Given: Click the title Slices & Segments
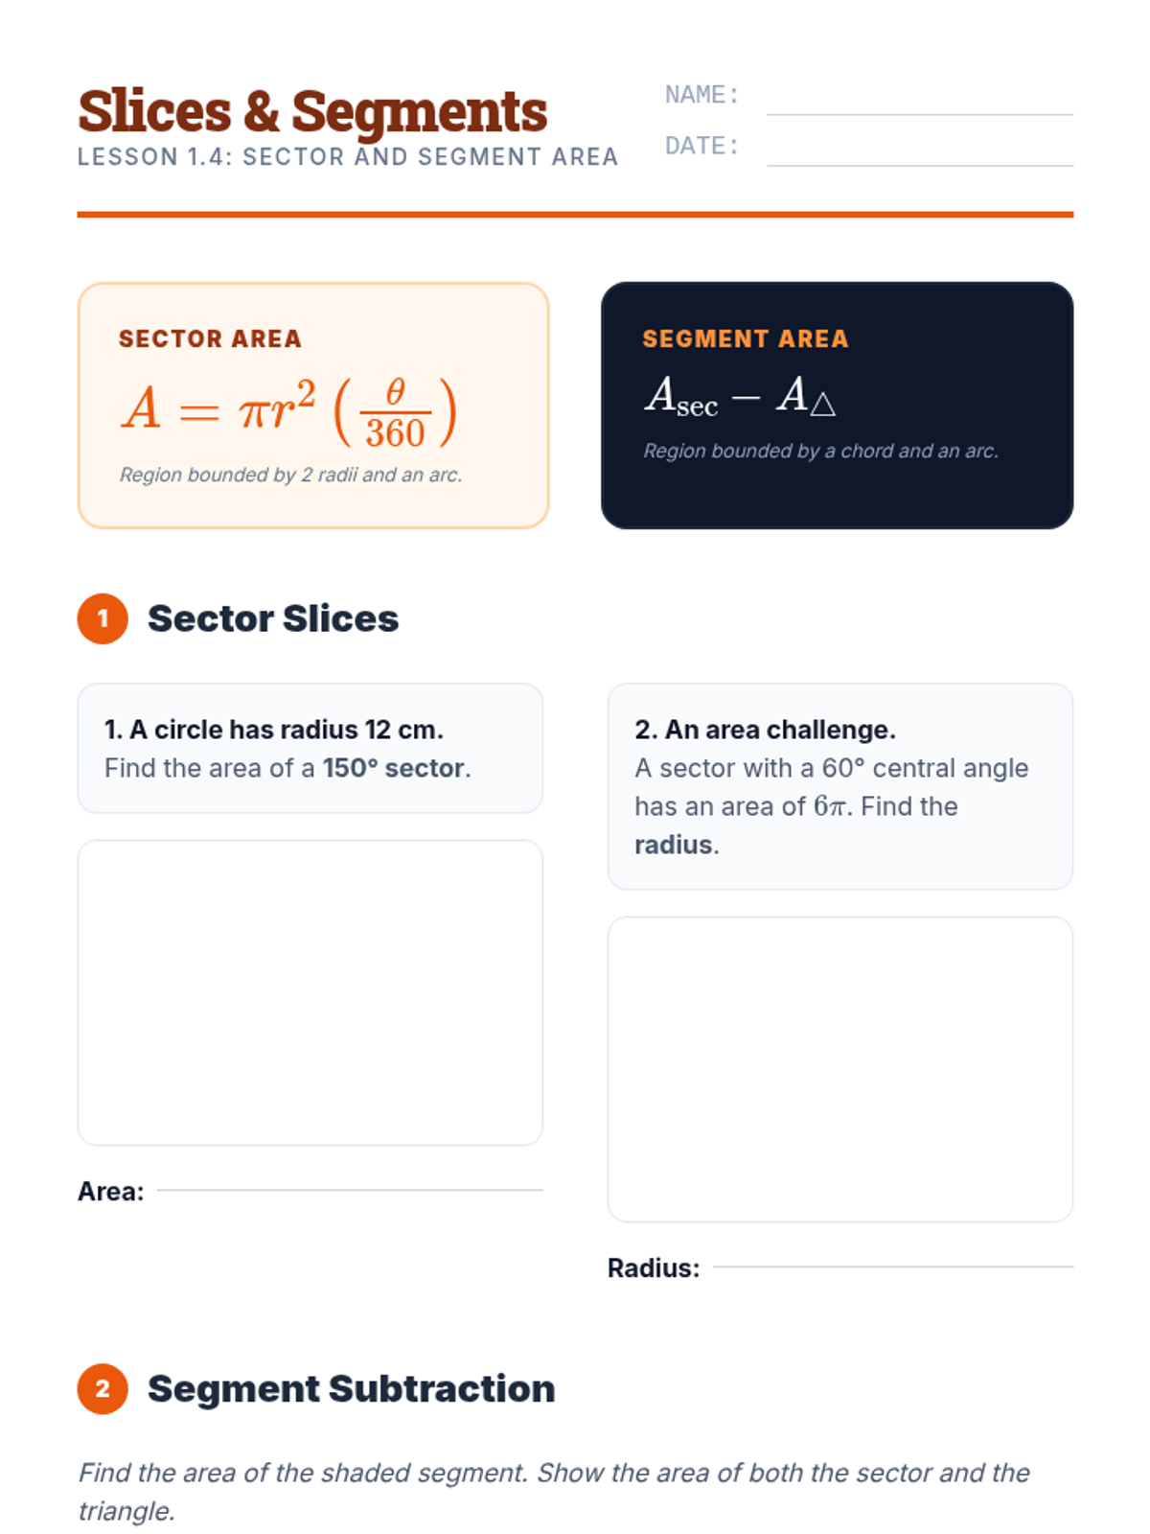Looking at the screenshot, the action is click(x=312, y=111).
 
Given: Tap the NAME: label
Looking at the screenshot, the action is click(x=701, y=95).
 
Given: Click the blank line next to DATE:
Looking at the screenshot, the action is click(x=920, y=166).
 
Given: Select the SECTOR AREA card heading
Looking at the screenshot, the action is click(x=210, y=339).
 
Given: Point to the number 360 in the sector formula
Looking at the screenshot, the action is click(x=395, y=433).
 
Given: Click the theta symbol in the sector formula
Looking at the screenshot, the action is click(x=395, y=391).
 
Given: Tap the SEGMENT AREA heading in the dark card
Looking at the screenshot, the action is click(x=745, y=339).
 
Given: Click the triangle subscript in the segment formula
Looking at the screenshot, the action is click(x=822, y=405).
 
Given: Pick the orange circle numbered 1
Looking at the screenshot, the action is click(x=103, y=618).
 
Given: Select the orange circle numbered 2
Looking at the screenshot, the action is click(x=103, y=1388).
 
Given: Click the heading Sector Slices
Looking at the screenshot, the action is click(x=273, y=618).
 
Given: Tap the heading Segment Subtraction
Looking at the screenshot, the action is click(x=351, y=1388).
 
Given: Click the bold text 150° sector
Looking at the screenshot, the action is click(x=394, y=768).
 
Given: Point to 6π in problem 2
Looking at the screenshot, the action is click(x=830, y=806).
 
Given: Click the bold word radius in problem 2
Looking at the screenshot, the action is click(x=673, y=845).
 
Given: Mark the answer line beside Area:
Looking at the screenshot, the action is click(x=350, y=1190).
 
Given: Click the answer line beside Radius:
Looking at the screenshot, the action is click(x=893, y=1267).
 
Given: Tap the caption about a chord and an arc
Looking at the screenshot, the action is click(x=820, y=451).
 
